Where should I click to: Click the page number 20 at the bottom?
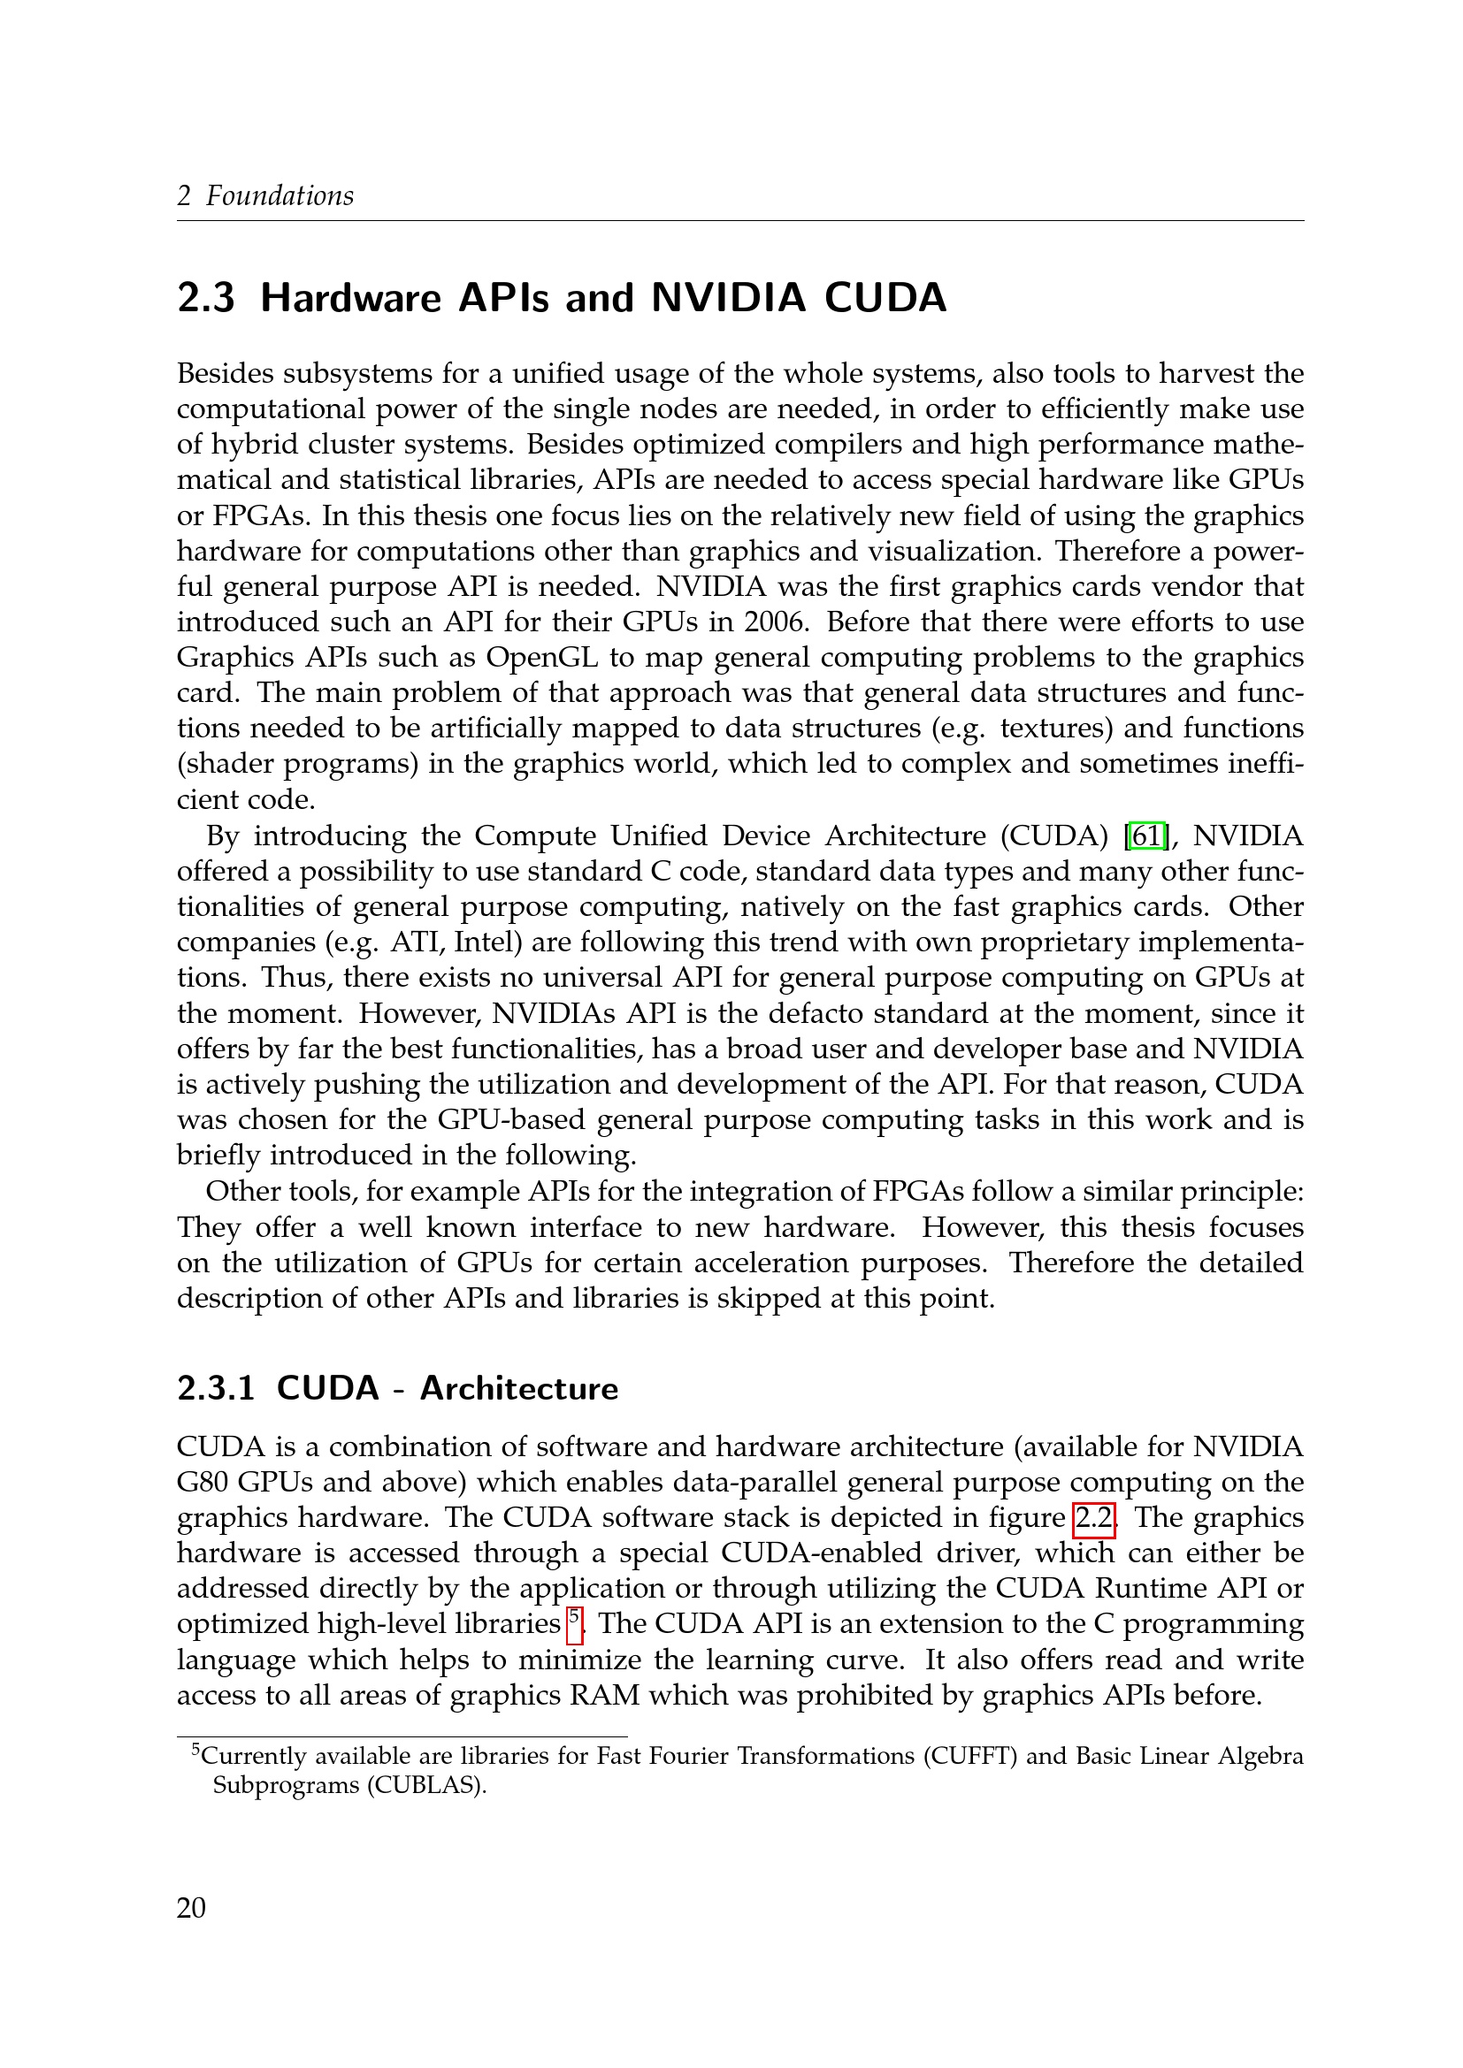[x=191, y=1908]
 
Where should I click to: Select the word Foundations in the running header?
[x=280, y=195]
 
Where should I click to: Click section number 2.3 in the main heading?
[x=206, y=298]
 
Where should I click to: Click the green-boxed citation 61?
[x=1147, y=836]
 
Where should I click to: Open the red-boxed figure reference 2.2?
[x=1093, y=1518]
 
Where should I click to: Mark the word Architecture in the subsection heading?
[x=519, y=1388]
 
